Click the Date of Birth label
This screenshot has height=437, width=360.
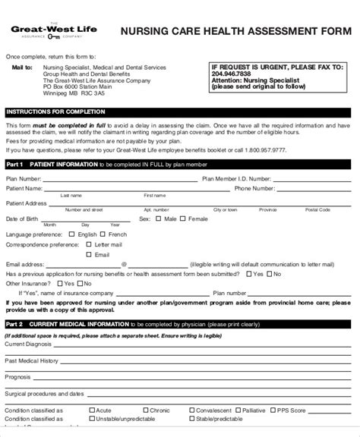click(21, 218)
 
